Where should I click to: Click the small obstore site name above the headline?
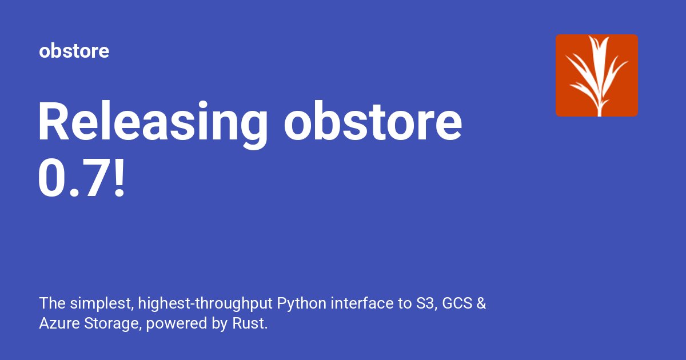74,51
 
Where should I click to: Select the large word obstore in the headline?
373,122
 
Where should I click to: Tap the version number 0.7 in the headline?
72,178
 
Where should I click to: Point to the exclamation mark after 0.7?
118,178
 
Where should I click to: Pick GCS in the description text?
456,303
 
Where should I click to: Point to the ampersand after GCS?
481,303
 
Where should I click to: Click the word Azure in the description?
54,324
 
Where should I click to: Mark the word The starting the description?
50,303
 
